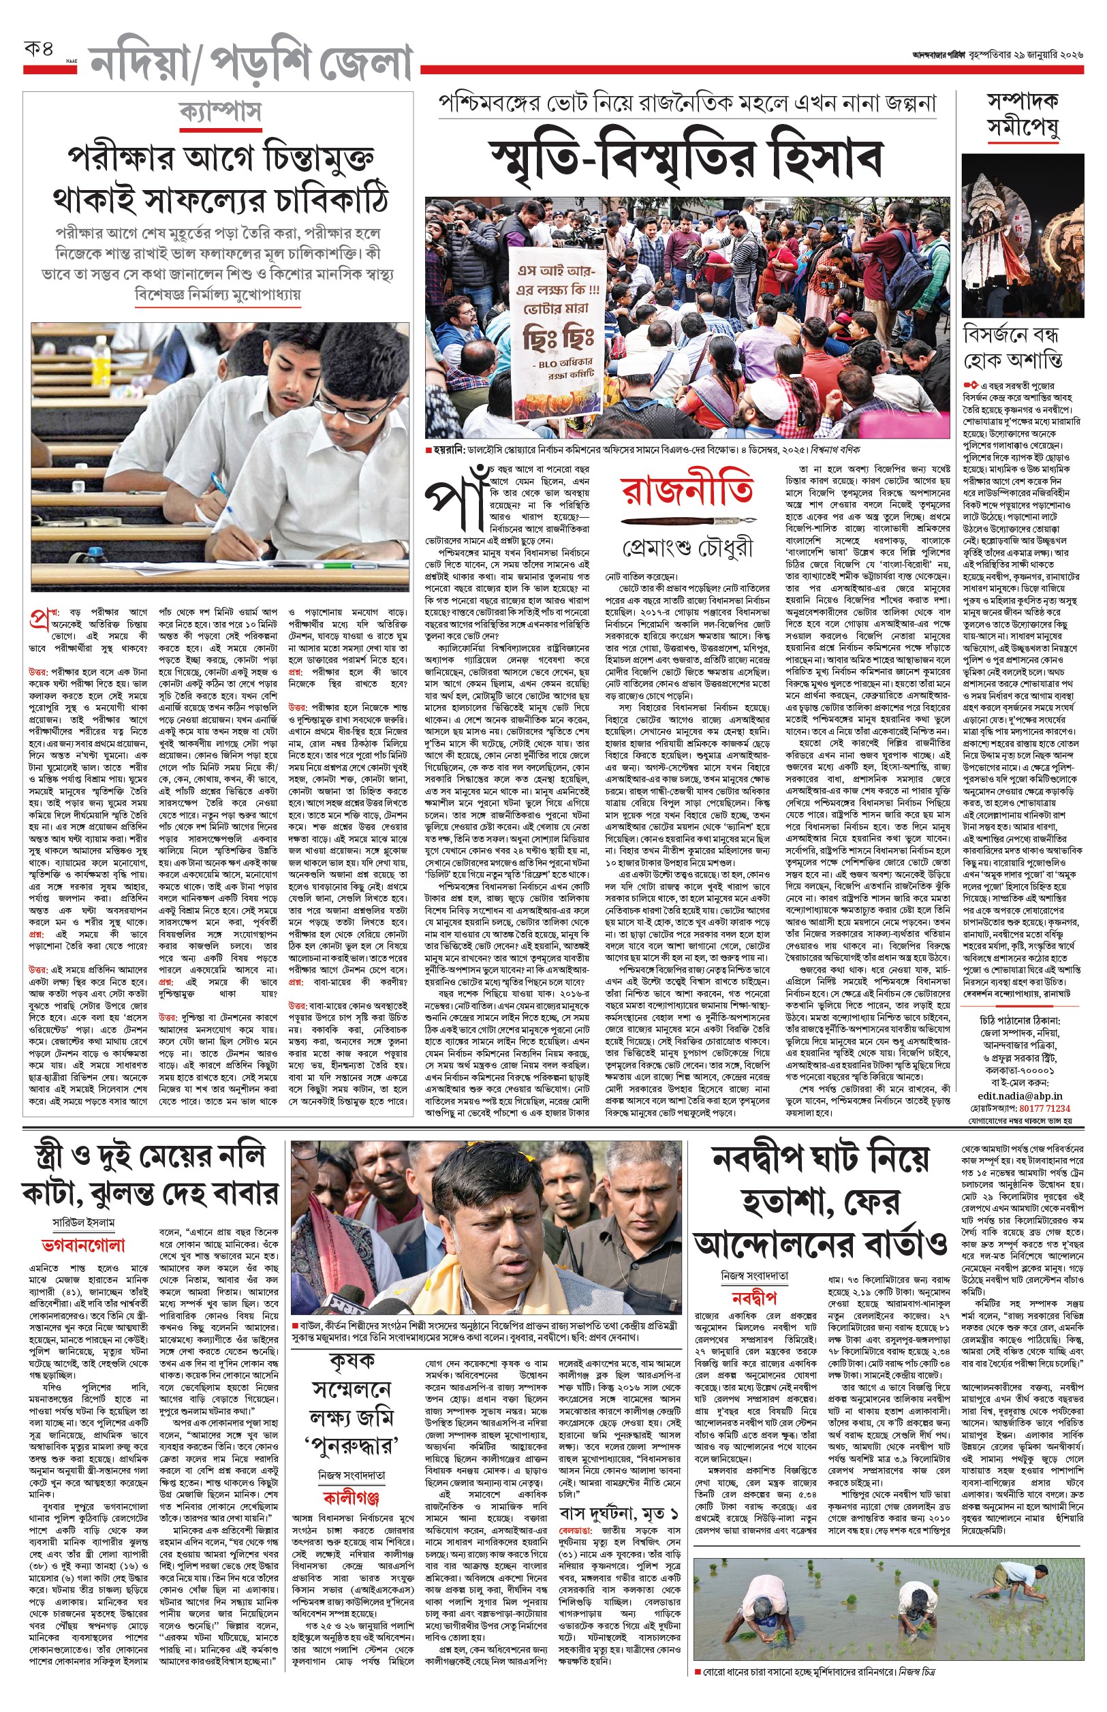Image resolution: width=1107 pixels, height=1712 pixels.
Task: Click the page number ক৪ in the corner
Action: coord(38,50)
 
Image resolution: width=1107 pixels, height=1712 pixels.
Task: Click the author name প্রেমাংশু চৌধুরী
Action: coord(688,548)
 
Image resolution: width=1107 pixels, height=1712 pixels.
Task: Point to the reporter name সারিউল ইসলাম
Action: coord(83,1223)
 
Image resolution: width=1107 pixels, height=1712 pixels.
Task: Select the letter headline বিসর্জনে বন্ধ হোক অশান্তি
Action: coord(1013,347)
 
